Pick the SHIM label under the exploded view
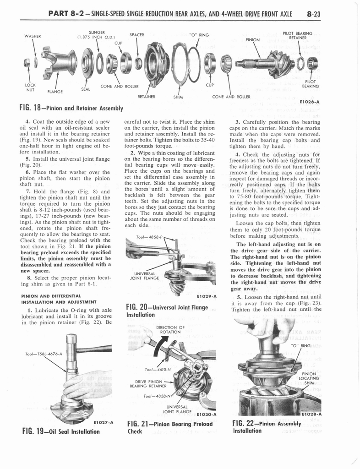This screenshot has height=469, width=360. [178, 97]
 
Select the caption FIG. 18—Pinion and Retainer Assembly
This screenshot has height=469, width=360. [71, 108]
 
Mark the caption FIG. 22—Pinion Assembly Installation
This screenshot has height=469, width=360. [267, 427]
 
